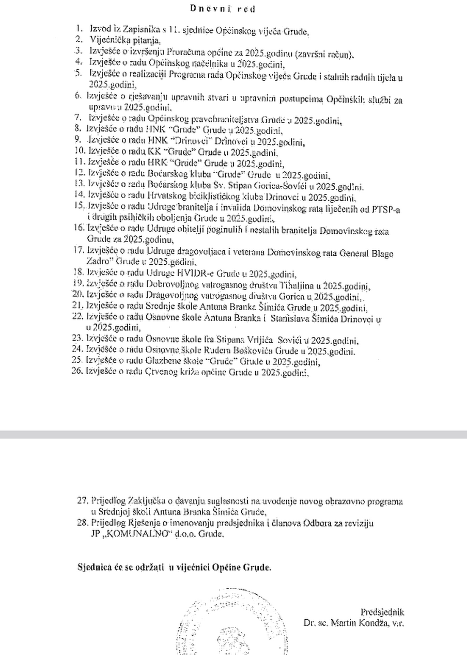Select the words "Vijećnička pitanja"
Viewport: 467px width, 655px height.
124,40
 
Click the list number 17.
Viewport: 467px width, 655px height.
78,250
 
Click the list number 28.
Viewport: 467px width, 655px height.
83,523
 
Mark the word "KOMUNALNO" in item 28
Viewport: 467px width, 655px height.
135,534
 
